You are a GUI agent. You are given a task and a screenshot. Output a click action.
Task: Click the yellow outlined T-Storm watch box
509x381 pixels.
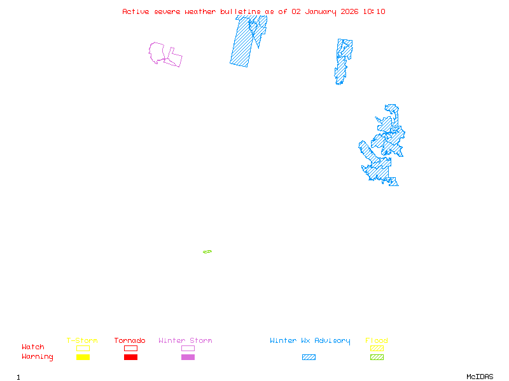click(x=83, y=348)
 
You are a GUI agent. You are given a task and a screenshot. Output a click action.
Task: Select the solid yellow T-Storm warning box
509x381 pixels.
click(x=83, y=358)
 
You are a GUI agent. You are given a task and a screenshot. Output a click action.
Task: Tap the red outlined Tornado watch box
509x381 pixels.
click(x=130, y=348)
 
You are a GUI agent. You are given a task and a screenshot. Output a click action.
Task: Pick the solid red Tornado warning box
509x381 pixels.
click(x=130, y=358)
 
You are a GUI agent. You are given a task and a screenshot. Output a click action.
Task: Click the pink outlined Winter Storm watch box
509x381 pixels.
click(x=188, y=348)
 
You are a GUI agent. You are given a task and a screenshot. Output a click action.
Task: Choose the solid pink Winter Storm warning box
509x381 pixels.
click(x=188, y=358)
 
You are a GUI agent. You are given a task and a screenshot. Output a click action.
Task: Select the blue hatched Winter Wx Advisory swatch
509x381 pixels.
click(x=309, y=358)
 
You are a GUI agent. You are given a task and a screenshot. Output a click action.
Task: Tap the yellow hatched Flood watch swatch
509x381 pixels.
click(x=377, y=348)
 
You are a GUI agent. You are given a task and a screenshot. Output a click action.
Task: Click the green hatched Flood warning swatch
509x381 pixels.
click(x=377, y=358)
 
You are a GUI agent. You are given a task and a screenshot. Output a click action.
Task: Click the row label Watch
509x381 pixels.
click(x=33, y=347)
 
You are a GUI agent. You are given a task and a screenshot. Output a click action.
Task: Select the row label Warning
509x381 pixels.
click(x=38, y=357)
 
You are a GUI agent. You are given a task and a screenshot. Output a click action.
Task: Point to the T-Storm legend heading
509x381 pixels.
click(x=82, y=340)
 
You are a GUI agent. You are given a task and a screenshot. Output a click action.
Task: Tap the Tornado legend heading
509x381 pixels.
click(x=130, y=340)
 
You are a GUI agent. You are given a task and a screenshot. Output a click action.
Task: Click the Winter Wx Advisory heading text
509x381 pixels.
click(x=310, y=340)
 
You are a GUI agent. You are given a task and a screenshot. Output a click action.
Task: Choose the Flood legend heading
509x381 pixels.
click(x=377, y=340)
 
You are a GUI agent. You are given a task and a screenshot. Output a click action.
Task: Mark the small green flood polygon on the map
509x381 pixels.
click(x=207, y=252)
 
